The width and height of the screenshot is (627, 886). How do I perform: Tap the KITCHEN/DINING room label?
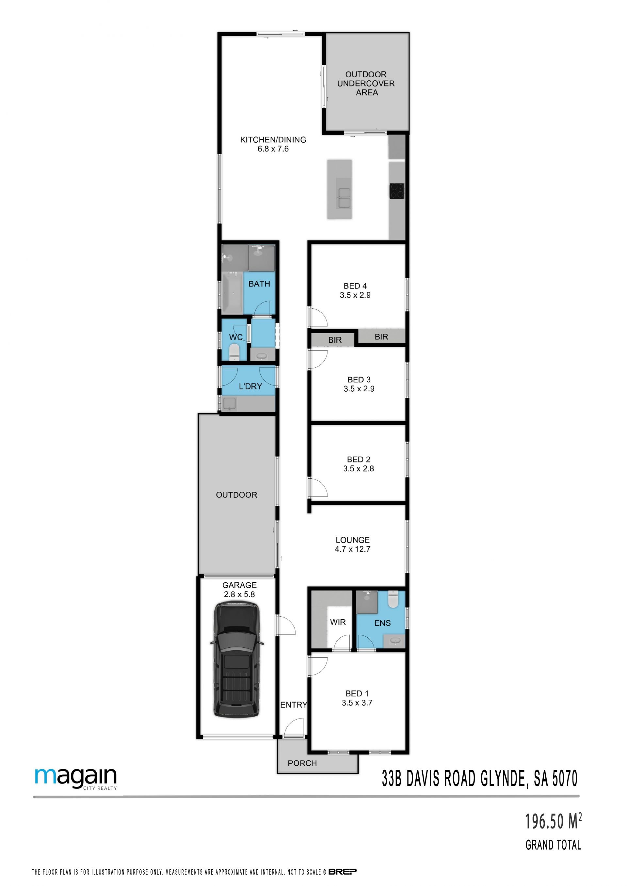coord(273,140)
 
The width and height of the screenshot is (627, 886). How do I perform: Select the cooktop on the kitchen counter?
coord(396,191)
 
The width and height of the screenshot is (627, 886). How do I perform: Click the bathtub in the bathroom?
coord(233,293)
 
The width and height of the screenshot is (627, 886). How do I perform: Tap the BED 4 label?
coord(355,286)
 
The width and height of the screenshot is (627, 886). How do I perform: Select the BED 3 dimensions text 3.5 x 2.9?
coord(359,389)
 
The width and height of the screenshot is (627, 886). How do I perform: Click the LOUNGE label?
coord(352,540)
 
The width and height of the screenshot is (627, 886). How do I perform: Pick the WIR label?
coord(338,622)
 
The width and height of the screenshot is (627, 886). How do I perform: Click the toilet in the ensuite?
coord(393,599)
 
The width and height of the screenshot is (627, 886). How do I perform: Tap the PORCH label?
coord(302,763)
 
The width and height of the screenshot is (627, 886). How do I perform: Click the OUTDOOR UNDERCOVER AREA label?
coord(366,83)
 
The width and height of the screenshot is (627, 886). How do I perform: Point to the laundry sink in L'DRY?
coord(229,404)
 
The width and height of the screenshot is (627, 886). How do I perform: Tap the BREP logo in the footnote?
coord(343,871)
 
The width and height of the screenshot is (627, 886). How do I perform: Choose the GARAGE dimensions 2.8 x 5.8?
coord(239,594)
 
